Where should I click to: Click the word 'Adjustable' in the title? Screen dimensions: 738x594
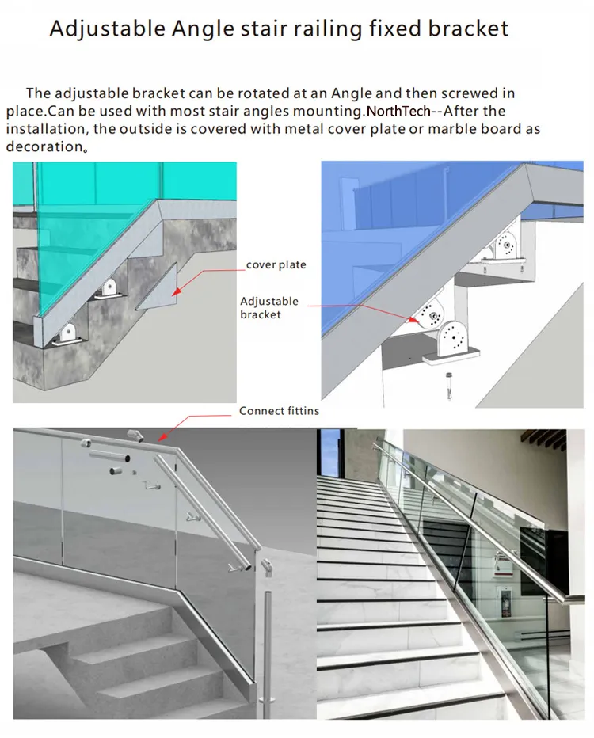(108, 29)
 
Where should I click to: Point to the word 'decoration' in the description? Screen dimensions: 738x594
(44, 146)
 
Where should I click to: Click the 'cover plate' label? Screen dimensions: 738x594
(276, 264)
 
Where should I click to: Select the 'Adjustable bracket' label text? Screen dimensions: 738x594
(269, 307)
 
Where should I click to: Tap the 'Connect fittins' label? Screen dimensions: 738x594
(279, 411)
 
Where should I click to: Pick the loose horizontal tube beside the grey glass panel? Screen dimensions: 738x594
(109, 456)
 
